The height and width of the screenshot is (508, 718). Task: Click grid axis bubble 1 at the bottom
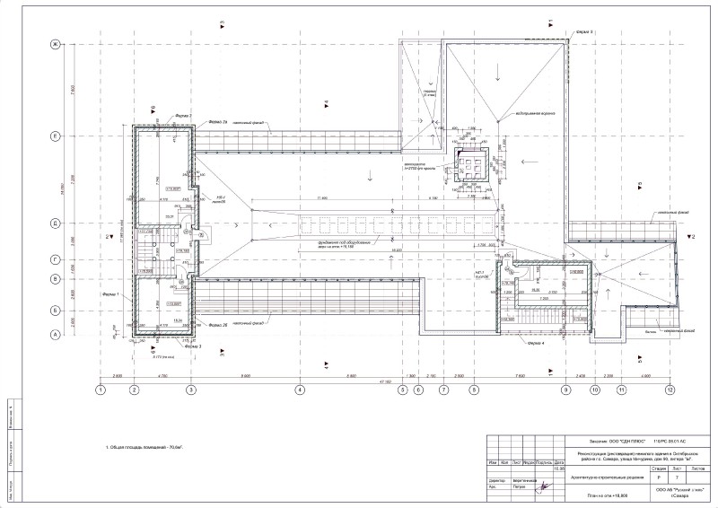101,390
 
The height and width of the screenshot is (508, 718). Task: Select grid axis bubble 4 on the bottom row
300,390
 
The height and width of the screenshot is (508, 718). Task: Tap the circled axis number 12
669,390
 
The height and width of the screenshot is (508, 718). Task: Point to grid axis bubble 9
565,390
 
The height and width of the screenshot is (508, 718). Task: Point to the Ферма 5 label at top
585,32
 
